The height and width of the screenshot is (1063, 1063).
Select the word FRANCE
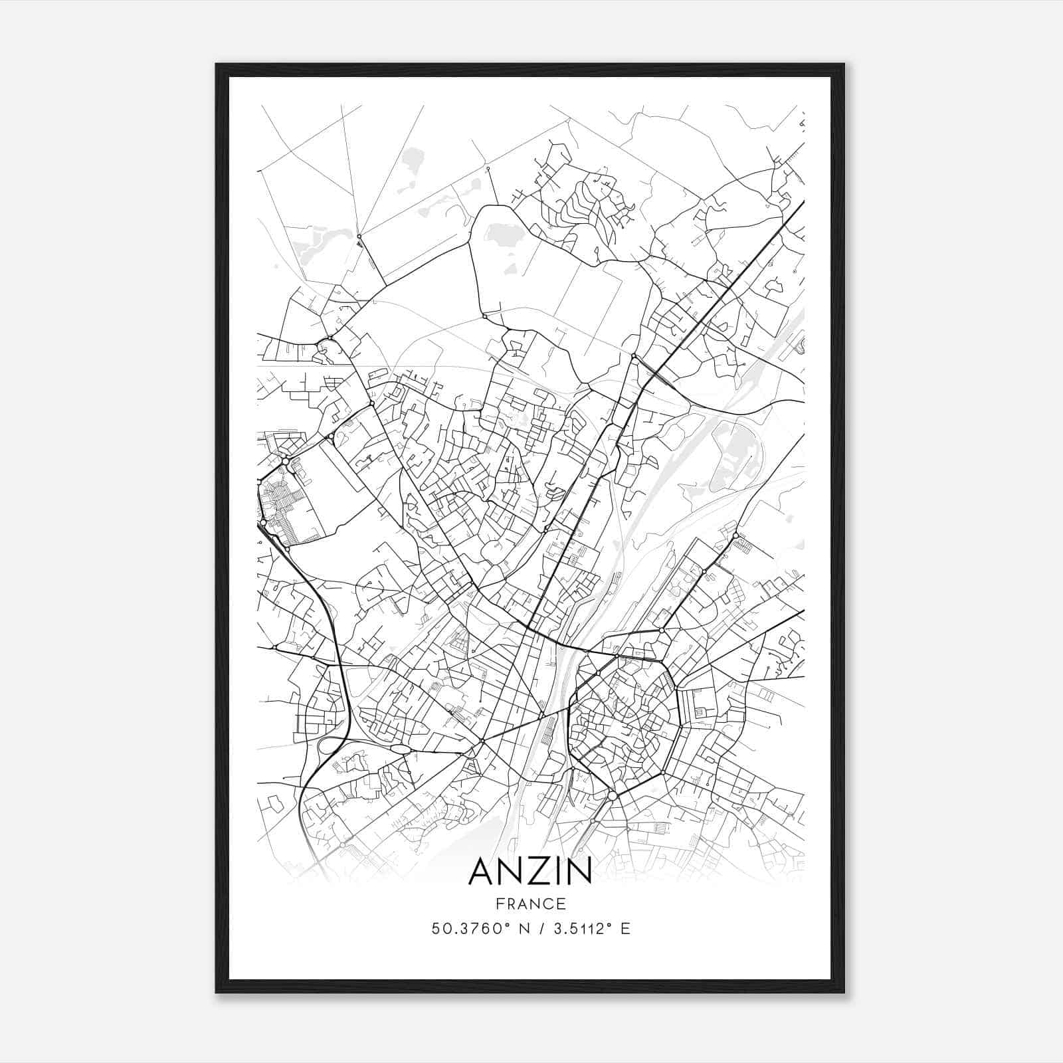pyautogui.click(x=530, y=904)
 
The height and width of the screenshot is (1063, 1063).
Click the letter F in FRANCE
pyautogui.click(x=500, y=904)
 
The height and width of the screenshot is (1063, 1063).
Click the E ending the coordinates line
pyautogui.click(x=625, y=929)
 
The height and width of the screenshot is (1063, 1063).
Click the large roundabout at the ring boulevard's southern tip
pyautogui.click(x=612, y=795)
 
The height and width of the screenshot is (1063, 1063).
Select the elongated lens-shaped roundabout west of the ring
pyautogui.click(x=401, y=749)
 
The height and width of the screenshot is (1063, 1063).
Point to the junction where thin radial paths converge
pyautogui.click(x=359, y=236)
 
